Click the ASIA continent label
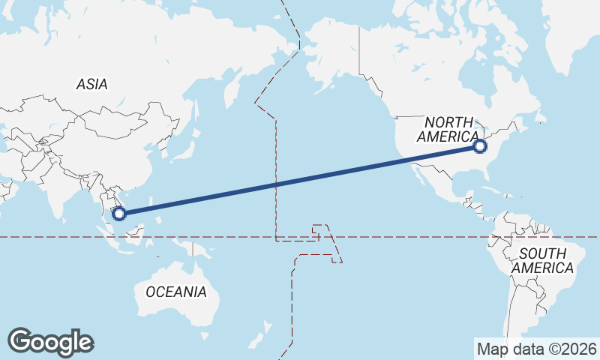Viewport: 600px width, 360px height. pos(91,85)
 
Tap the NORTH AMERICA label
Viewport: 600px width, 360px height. pos(448,129)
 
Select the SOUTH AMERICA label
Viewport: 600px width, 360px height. pos(544,260)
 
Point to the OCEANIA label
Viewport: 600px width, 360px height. pos(175,292)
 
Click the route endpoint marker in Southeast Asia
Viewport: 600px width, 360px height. pos(118,214)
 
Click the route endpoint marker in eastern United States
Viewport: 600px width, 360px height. pos(481,147)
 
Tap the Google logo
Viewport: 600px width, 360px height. pos(50,342)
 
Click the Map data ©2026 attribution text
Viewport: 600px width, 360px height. pos(536,349)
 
